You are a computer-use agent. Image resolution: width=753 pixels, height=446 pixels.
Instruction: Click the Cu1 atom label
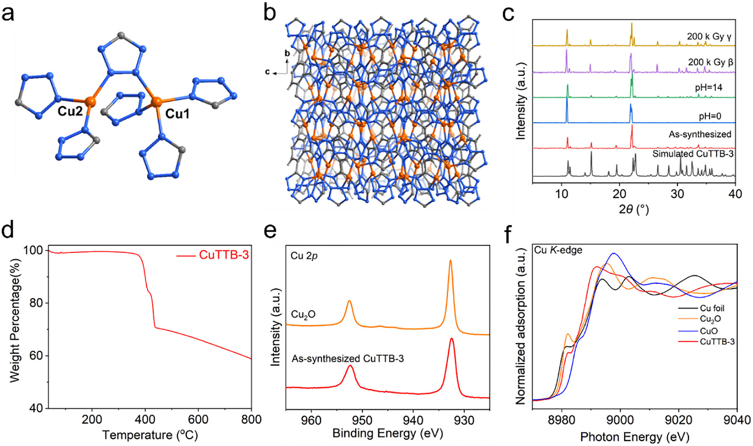click(x=177, y=114)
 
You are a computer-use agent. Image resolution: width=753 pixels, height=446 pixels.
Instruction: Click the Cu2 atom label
click(x=70, y=111)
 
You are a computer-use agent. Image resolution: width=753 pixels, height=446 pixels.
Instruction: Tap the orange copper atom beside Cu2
click(x=90, y=101)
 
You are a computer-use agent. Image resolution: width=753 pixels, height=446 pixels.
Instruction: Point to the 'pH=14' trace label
click(x=709, y=88)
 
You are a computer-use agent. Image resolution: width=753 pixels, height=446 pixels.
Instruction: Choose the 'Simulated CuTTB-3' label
click(x=693, y=154)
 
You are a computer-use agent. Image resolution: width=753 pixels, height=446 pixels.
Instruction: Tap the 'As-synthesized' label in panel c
click(x=700, y=134)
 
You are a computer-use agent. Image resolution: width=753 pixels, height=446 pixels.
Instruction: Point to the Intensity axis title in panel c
click(x=520, y=117)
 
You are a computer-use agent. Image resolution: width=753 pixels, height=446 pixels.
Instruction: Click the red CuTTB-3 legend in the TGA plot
click(x=213, y=255)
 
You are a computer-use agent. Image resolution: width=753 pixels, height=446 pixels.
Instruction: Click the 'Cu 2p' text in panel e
click(x=304, y=256)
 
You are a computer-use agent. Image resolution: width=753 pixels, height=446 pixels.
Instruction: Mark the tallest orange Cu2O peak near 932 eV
click(x=450, y=261)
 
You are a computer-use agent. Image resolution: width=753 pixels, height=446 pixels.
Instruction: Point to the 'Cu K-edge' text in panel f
click(x=558, y=250)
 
